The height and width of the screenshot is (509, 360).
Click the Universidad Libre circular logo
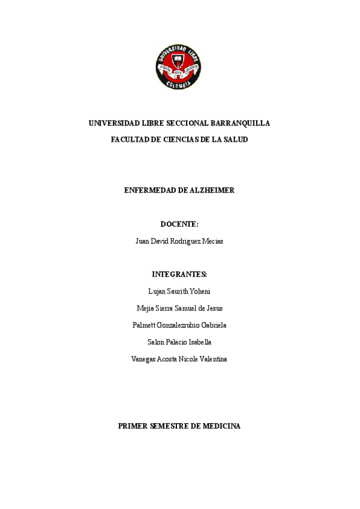(179, 67)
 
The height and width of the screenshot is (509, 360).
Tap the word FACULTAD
(130, 139)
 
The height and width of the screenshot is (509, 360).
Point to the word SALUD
(235, 139)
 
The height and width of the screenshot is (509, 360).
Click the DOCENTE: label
(179, 224)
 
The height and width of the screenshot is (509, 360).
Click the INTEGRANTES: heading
(179, 274)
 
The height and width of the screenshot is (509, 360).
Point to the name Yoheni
(198, 291)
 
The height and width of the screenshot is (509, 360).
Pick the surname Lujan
(157, 291)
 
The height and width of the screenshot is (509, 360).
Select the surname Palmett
(144, 325)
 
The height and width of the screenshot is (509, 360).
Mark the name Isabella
(199, 342)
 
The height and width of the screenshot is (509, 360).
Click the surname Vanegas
(143, 359)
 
